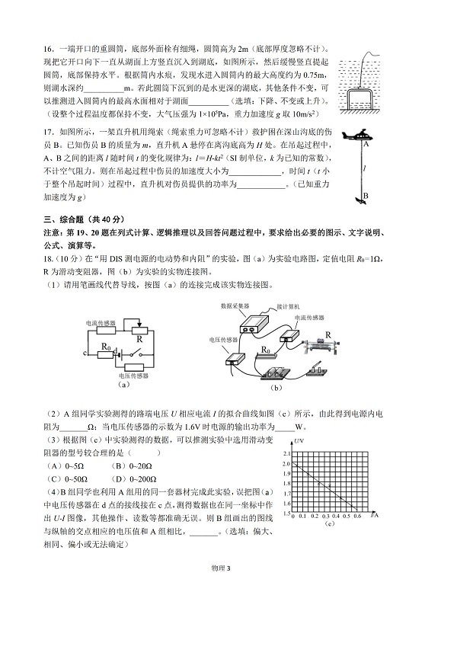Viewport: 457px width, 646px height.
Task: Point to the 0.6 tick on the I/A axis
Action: tap(356, 516)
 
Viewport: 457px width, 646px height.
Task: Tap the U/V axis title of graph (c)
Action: tap(300, 443)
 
